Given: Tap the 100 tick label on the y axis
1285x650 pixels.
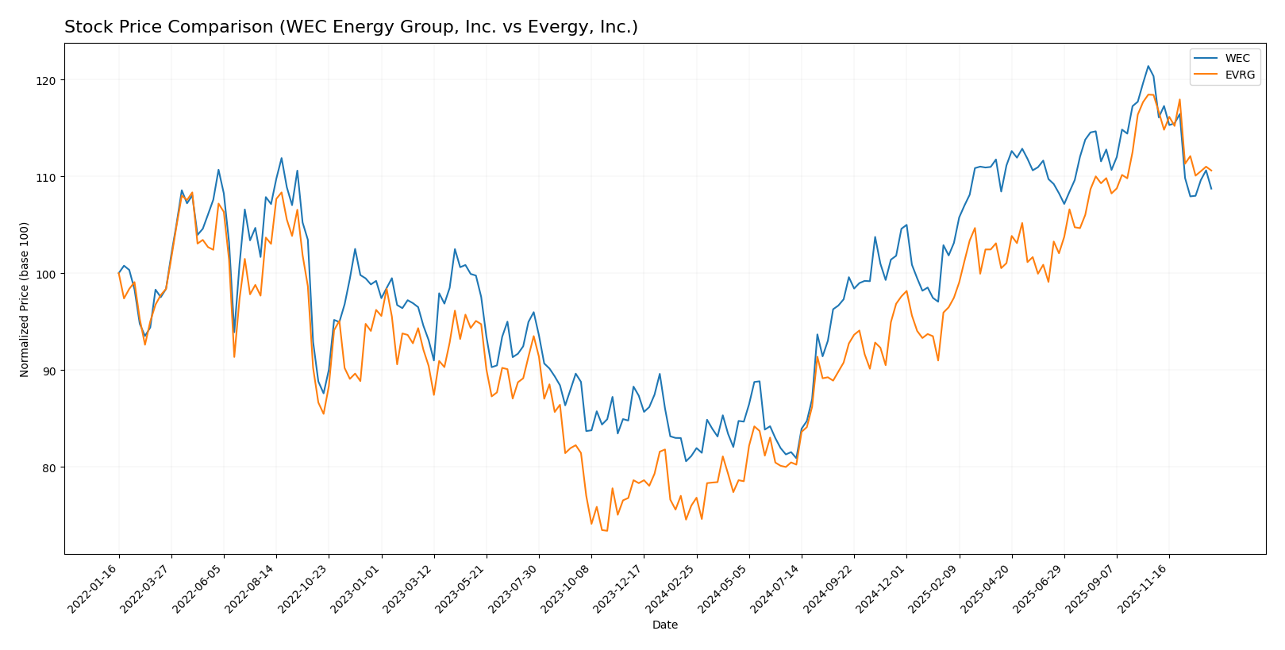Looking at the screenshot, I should (48, 274).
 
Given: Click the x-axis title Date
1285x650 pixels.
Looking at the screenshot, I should (664, 625).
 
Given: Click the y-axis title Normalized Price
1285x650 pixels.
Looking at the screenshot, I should (25, 299).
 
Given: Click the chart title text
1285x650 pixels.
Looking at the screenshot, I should (351, 28).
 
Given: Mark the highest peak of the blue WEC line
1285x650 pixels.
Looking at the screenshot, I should (1148, 66).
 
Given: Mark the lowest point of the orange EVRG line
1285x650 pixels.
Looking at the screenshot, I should (606, 530).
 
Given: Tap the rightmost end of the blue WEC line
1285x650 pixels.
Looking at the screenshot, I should (1211, 189).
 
